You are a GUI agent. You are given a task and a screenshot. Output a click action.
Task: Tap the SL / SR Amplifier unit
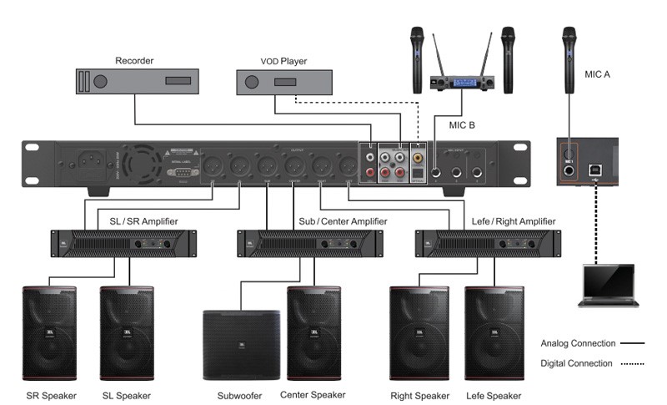(x=124, y=244)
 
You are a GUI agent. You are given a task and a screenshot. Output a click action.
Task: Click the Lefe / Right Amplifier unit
(x=486, y=244)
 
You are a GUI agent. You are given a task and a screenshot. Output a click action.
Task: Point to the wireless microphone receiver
(x=461, y=82)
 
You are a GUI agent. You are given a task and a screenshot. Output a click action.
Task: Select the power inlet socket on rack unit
(x=92, y=161)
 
